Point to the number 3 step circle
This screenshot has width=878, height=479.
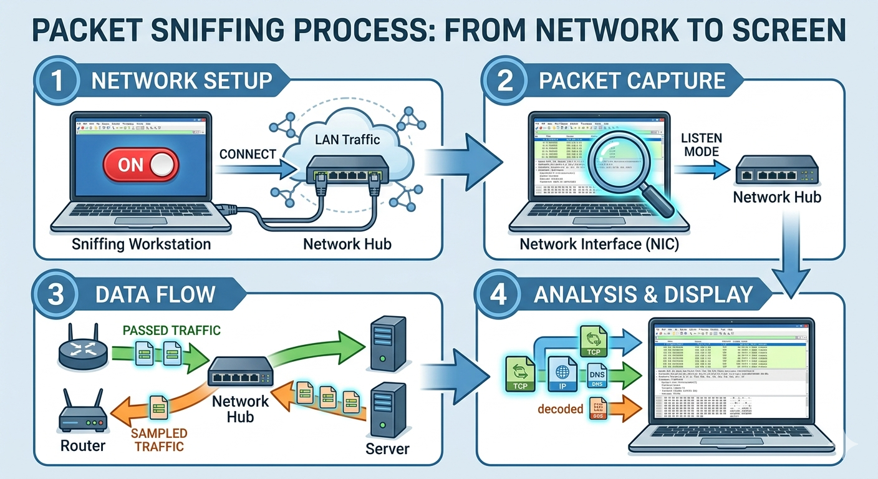(56, 294)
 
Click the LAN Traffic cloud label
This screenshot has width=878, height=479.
(347, 140)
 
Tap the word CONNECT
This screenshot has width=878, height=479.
(248, 153)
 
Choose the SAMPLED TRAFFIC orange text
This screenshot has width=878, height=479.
(158, 440)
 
